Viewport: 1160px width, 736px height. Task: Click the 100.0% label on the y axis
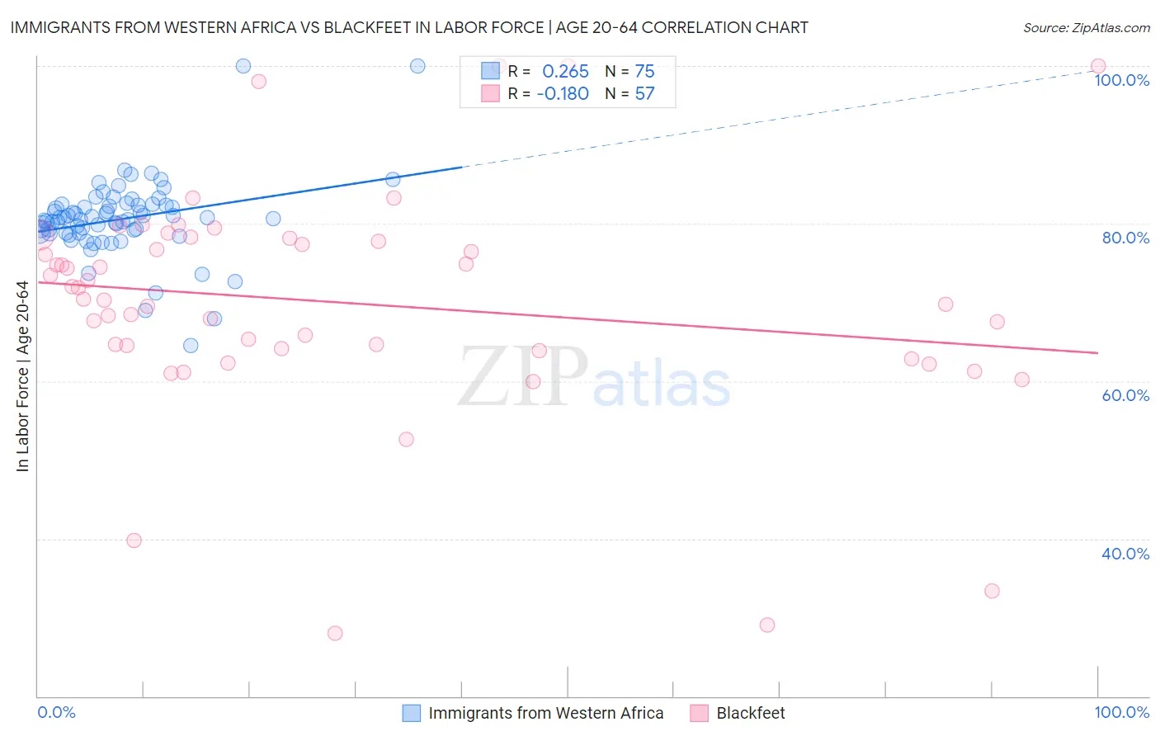coord(1121,80)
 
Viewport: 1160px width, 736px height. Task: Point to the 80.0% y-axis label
coord(1125,238)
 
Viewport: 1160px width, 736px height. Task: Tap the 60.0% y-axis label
coord(1125,395)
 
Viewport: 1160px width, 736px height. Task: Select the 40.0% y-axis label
coord(1125,554)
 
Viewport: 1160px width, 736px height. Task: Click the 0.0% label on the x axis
coord(56,712)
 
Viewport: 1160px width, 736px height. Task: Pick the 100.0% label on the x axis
coord(1121,712)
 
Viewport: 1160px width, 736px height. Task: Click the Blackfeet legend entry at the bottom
coord(750,713)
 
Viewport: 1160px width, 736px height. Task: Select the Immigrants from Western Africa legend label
coord(545,713)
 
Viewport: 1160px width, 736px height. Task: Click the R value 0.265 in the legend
coord(565,72)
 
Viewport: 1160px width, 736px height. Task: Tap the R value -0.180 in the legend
coord(563,94)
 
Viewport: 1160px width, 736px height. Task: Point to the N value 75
coord(644,72)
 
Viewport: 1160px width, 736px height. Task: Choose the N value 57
coord(644,94)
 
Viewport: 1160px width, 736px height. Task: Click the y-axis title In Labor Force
coord(22,376)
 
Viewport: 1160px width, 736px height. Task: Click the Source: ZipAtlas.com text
coord(1086,28)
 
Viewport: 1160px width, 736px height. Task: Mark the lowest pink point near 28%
coord(335,633)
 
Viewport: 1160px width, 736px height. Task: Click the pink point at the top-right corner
coord(1098,66)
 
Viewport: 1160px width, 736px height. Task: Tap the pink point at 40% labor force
coord(134,540)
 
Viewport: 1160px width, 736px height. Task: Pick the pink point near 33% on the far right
coord(992,591)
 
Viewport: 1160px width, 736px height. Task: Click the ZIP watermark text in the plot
coord(523,377)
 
